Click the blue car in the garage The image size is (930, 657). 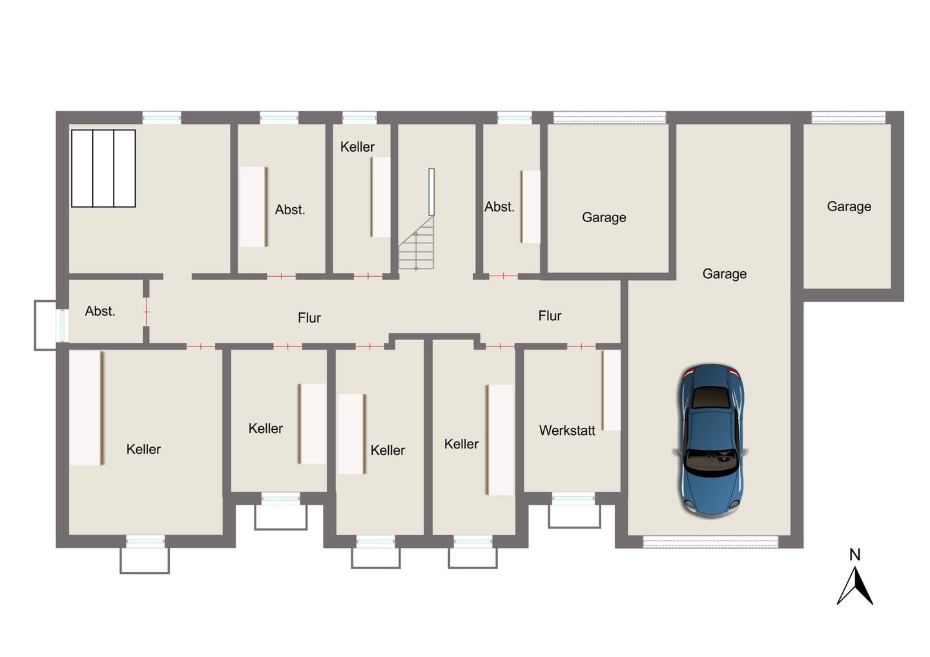[x=711, y=441]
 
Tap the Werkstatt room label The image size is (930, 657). [x=567, y=430]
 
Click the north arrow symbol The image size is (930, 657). [x=854, y=585]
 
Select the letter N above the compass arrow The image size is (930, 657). [x=855, y=554]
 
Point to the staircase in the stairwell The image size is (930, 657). [x=417, y=243]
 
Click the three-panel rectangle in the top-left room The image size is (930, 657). [x=103, y=168]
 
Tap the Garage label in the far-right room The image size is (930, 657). [x=849, y=207]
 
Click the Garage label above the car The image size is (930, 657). [x=725, y=274]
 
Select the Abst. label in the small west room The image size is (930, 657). [x=100, y=311]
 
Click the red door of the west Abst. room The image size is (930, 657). [x=146, y=312]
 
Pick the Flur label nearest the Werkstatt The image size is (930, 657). [x=550, y=316]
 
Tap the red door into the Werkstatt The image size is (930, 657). [x=581, y=346]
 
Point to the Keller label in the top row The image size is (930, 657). [x=358, y=147]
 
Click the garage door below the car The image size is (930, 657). [x=710, y=541]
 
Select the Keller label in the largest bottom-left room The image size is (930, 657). [x=143, y=449]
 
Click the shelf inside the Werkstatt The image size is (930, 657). [x=611, y=390]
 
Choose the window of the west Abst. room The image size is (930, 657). [x=62, y=325]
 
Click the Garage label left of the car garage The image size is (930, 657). [x=604, y=217]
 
